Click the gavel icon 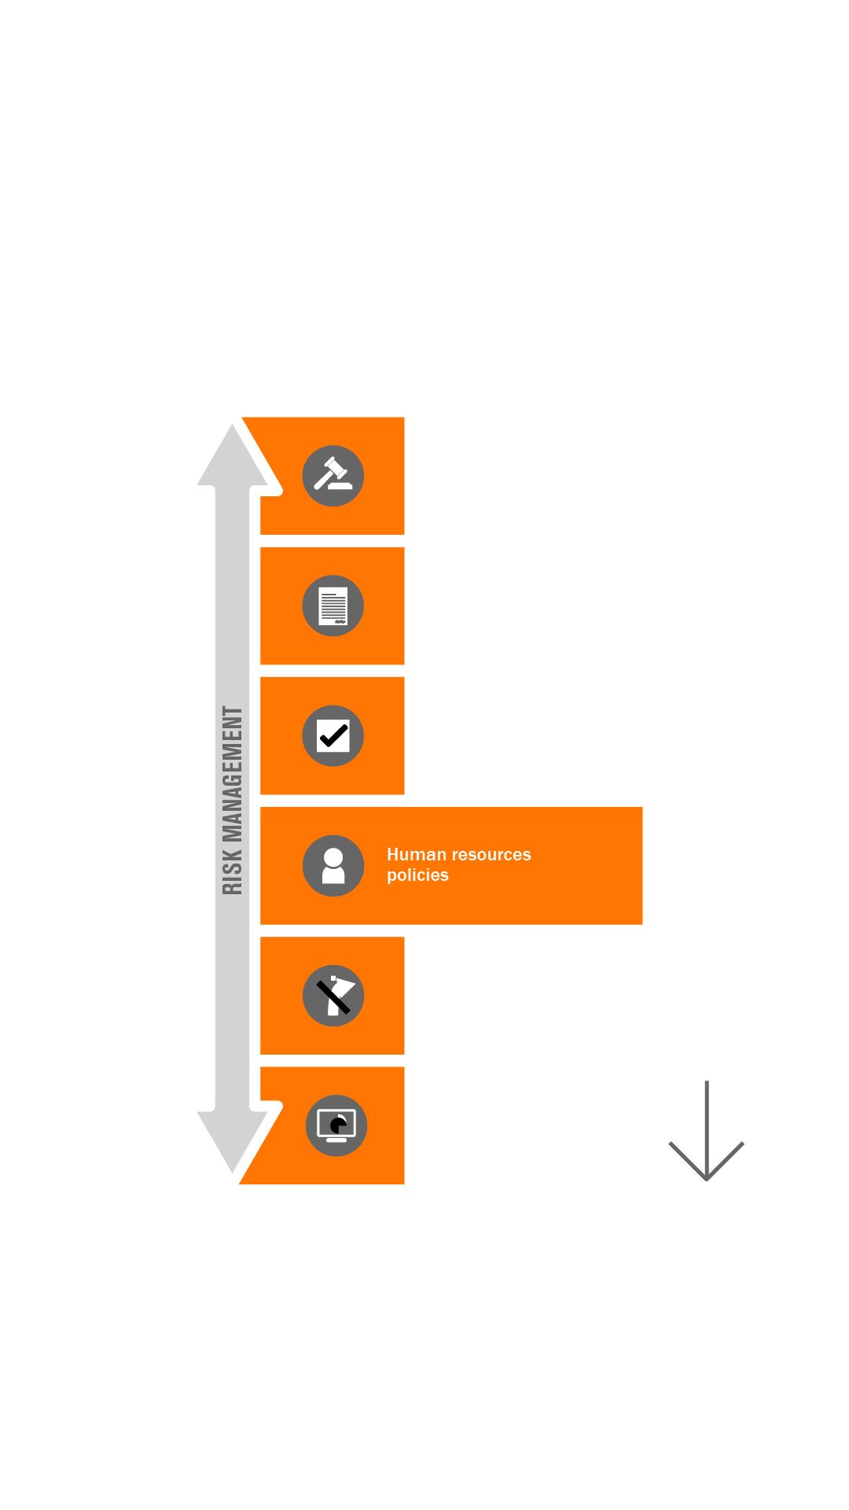click(x=333, y=476)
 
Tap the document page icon click(x=333, y=606)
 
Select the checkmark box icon click(x=333, y=736)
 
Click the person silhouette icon click(x=333, y=866)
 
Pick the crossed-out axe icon click(x=333, y=996)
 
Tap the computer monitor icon click(x=336, y=1125)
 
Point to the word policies click(x=417, y=875)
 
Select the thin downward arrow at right click(x=706, y=1132)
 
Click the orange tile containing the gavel click(x=377, y=511)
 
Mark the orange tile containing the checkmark click(x=381, y=771)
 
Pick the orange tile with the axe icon click(x=381, y=1030)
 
